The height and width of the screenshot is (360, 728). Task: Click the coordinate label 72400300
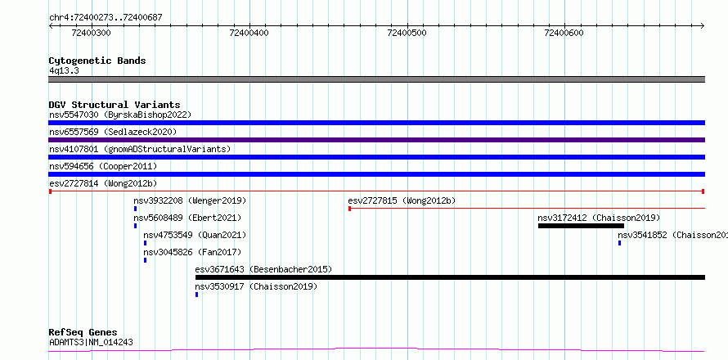point(92,33)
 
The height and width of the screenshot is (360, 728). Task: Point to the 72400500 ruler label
point(407,33)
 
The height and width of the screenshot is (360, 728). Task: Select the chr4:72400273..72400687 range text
point(106,18)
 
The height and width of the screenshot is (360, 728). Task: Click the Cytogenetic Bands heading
point(97,61)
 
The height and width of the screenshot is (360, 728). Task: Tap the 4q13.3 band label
point(65,70)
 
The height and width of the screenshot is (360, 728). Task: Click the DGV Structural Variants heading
point(115,105)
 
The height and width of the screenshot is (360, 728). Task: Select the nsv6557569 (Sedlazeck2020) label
point(113,132)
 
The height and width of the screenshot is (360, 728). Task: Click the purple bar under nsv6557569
point(376,140)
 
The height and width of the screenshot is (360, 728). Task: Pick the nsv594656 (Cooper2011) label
point(103,166)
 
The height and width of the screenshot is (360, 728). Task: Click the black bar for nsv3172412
point(581,226)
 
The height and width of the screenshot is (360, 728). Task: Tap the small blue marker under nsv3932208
point(135,209)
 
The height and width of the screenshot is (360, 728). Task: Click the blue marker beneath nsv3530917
point(196,295)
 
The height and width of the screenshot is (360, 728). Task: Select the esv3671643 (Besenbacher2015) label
point(263,269)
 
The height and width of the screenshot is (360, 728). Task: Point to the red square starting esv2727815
point(349,209)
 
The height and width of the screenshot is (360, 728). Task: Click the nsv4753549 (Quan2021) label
point(195,235)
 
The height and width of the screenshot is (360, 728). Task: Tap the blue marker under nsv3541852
point(619,243)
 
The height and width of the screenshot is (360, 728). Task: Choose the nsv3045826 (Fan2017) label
point(192,252)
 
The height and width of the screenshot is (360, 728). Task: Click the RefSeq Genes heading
point(83,333)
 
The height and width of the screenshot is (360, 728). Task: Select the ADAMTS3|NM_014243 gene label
point(91,342)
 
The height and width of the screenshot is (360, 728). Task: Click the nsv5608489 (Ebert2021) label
point(187,218)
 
